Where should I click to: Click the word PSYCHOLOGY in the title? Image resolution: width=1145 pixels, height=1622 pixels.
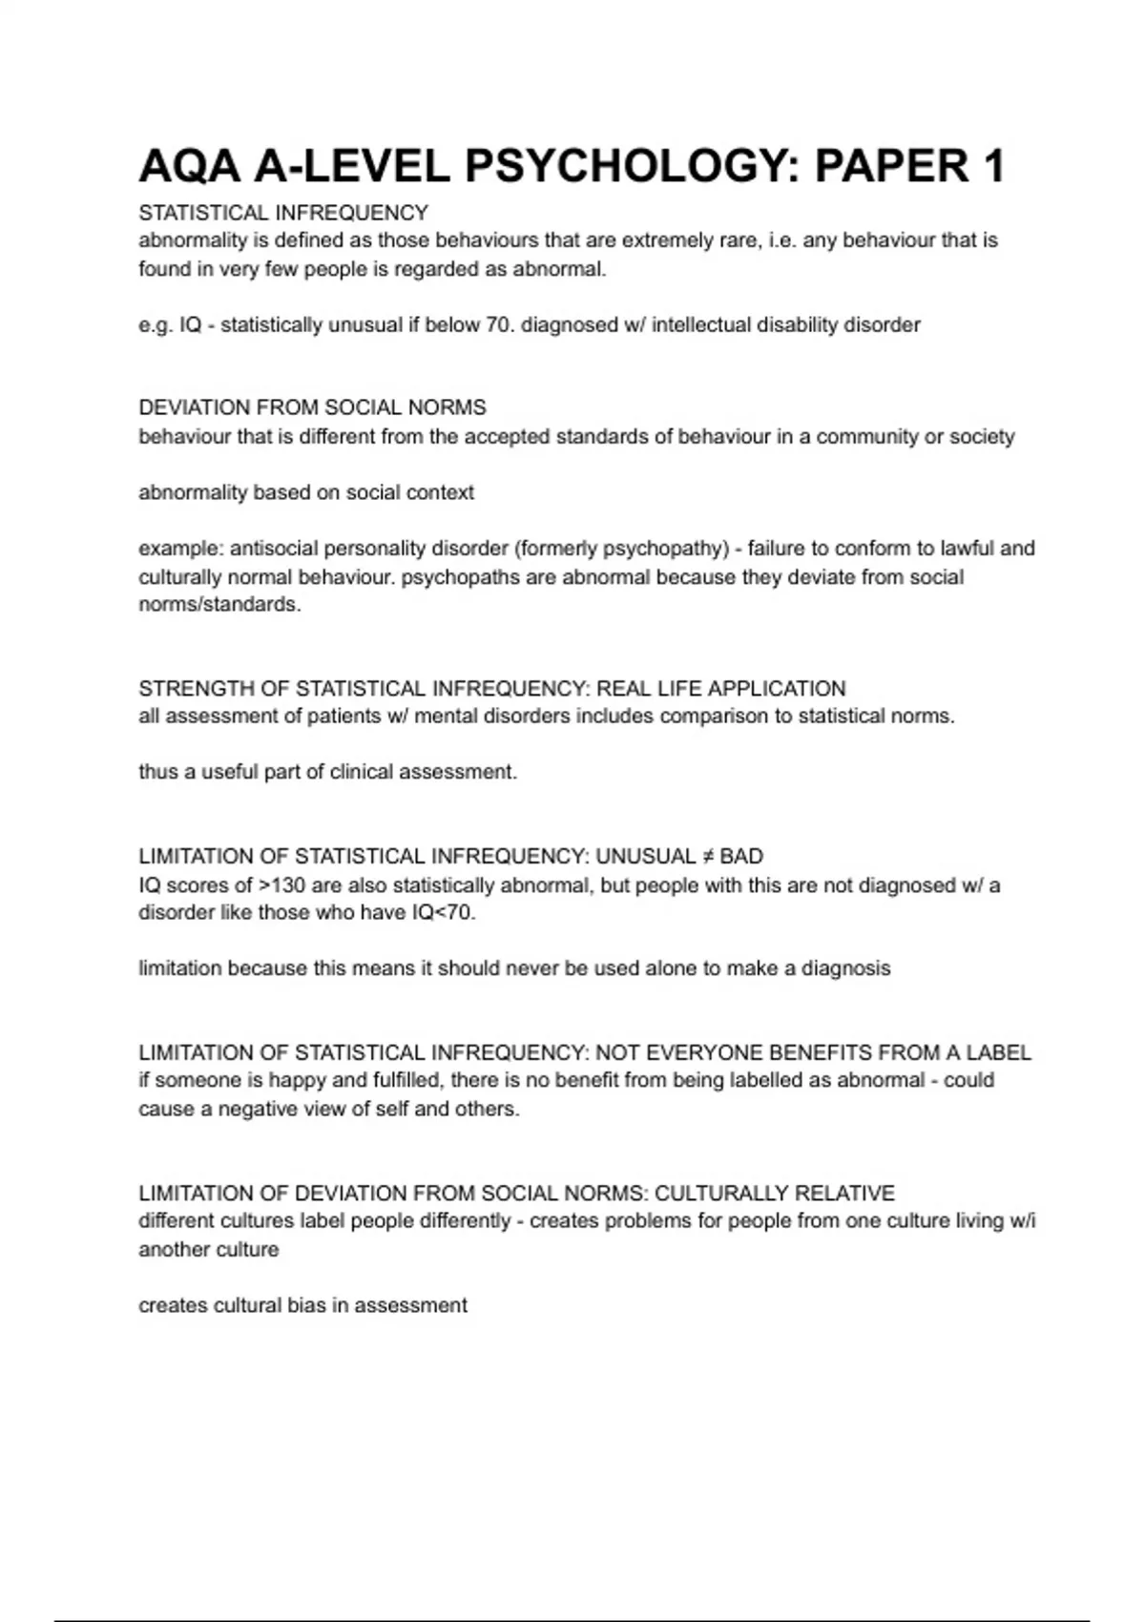630,167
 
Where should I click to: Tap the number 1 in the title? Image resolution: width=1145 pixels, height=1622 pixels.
992,167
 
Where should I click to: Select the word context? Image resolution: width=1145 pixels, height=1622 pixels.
440,493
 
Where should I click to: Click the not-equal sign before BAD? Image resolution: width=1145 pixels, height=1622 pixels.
708,857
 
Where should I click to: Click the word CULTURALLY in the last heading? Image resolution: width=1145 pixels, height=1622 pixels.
721,1194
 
